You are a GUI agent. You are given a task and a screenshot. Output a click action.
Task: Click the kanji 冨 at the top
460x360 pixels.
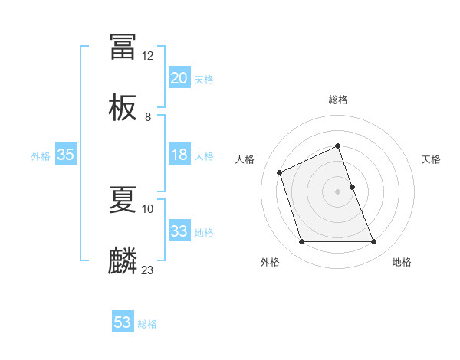point(123,47)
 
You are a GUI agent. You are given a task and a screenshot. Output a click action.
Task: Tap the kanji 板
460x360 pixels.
point(123,108)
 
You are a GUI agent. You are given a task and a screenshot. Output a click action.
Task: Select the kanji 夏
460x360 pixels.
point(123,200)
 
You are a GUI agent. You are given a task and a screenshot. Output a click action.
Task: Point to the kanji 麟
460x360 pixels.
point(123,261)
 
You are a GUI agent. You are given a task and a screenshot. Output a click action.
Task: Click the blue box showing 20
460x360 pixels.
point(179,77)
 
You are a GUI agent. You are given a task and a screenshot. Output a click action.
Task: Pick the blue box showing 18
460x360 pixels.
point(179,155)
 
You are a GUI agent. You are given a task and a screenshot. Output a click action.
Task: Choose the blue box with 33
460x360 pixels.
point(179,231)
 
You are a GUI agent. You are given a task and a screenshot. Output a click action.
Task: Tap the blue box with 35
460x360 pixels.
point(65,155)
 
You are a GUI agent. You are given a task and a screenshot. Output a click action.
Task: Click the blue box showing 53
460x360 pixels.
point(123,322)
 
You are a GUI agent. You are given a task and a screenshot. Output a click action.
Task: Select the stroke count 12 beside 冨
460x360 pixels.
point(148,56)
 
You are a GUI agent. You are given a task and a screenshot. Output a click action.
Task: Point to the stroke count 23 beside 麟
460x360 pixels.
point(148,270)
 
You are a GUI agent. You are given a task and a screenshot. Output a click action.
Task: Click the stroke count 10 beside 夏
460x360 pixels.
point(148,208)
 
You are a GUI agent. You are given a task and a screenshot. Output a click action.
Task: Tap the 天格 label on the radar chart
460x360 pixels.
point(431,159)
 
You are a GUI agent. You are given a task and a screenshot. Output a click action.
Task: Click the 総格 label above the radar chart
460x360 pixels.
point(337,100)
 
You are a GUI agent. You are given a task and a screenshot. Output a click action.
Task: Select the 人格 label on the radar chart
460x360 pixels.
point(245,159)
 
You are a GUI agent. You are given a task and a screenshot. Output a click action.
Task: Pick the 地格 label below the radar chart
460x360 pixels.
point(402,262)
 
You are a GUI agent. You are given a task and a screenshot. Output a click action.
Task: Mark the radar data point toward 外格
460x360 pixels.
point(301,242)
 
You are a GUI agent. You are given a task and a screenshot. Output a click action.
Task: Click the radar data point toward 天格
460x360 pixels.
point(352,186)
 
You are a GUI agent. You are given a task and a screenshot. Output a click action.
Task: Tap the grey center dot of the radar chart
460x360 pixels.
point(337,191)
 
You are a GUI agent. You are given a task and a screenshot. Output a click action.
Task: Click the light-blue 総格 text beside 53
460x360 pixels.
point(147,324)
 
